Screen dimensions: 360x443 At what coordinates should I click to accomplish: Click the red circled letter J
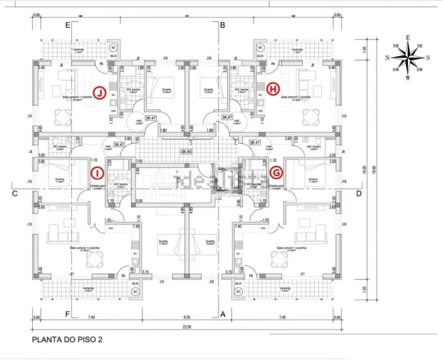point(100,93)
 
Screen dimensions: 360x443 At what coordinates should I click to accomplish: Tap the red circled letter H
point(274,89)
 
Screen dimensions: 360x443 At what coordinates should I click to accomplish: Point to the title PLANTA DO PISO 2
point(68,340)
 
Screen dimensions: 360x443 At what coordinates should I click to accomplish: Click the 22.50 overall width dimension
point(187,326)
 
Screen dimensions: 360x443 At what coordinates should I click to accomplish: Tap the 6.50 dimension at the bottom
point(187,316)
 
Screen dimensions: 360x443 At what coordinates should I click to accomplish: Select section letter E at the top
point(68,25)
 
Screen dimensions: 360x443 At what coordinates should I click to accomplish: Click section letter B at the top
point(222,25)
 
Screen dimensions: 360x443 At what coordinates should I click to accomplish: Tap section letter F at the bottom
point(68,313)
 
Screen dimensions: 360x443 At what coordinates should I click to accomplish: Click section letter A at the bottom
point(222,313)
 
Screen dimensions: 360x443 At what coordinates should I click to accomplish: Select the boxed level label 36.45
point(187,151)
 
